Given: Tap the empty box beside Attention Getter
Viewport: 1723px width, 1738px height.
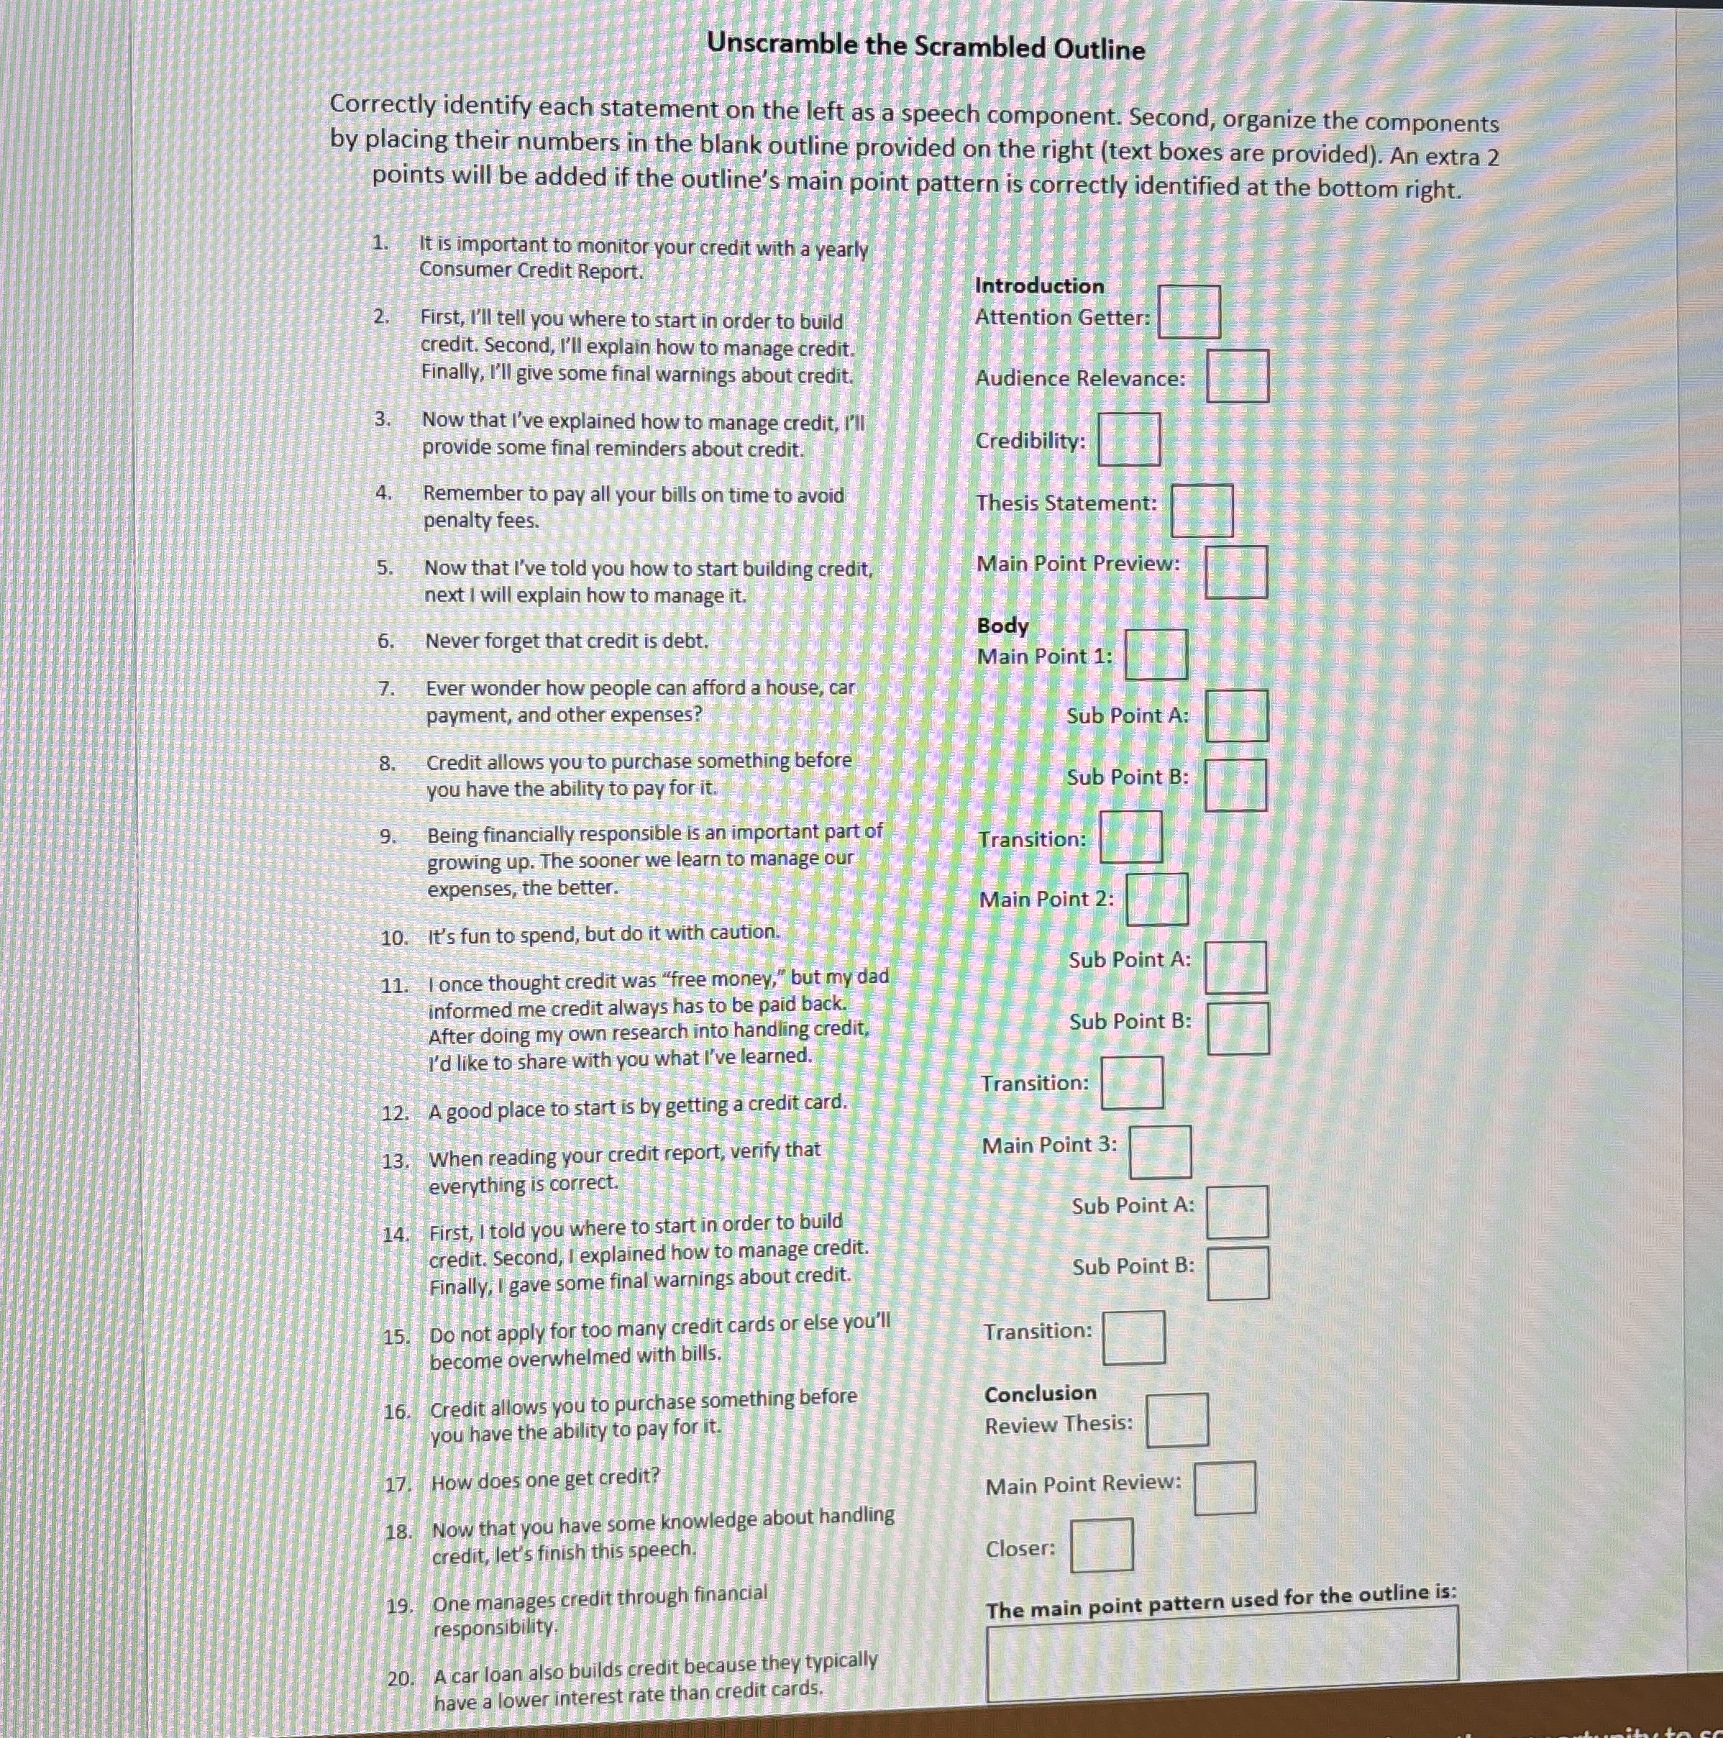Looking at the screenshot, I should pos(1189,312).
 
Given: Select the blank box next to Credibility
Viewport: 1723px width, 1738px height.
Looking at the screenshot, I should pos(1129,439).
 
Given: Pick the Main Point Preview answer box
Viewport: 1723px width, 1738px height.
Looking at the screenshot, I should pos(1236,572).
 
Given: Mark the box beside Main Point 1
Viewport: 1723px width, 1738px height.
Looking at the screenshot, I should pos(1156,654).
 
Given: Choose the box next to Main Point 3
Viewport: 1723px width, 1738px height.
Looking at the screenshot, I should pos(1161,1151).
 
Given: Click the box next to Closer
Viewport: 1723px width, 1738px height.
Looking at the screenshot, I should pos(1101,1545).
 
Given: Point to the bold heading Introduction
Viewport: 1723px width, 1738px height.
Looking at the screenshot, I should pos(1039,286).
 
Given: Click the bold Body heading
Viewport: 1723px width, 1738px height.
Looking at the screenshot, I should pos(1002,625).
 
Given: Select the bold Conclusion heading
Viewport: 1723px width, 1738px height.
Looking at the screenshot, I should pos(1040,1394).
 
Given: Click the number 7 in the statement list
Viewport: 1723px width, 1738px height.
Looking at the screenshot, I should pos(386,689).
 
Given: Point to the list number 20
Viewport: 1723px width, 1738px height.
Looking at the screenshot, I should pos(401,1678).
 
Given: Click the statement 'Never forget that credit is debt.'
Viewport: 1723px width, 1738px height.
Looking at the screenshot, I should pos(567,641).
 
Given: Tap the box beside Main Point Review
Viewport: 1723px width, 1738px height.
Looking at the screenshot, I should pos(1225,1488).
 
